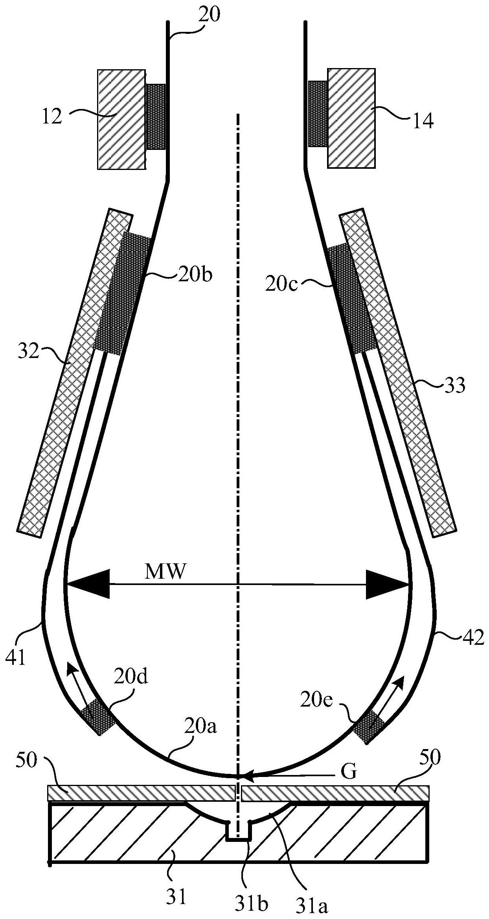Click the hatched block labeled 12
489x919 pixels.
pos(121,120)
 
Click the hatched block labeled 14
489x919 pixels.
pos(351,118)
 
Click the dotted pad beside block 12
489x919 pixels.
pos(156,117)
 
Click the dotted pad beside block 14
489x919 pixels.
pos(318,114)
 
